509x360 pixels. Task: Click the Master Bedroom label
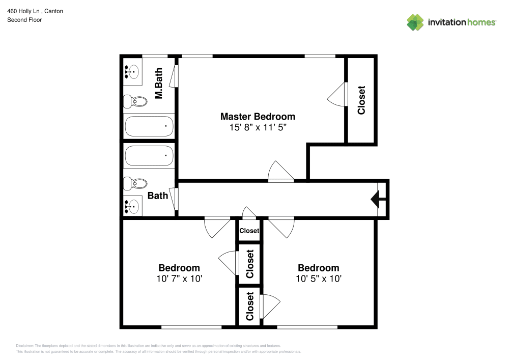(257, 116)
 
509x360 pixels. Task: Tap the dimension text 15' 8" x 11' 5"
(257, 127)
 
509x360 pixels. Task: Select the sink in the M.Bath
(133, 72)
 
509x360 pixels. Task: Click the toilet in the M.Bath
(135, 101)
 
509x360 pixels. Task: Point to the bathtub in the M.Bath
(149, 126)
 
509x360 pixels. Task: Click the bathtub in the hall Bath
(149, 156)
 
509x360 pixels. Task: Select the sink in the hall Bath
(133, 206)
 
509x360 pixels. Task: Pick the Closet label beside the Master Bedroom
(361, 100)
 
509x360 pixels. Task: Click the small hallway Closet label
(249, 231)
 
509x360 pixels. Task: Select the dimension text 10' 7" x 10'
(179, 279)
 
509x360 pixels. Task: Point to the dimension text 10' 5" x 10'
(318, 279)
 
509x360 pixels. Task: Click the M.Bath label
(159, 84)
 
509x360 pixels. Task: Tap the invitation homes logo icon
(415, 22)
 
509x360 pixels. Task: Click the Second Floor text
(24, 20)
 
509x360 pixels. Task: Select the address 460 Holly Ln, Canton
(35, 11)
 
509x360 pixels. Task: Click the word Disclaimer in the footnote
(25, 345)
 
